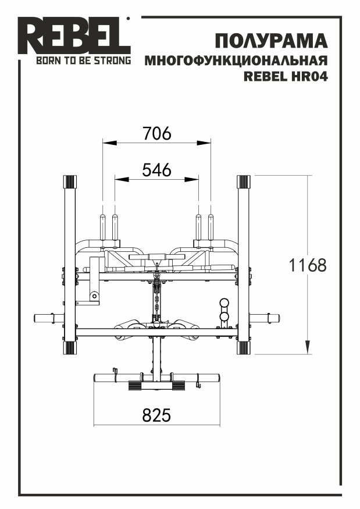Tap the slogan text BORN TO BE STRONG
[x=83, y=60]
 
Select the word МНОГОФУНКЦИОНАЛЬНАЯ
[x=236, y=60]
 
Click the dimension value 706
[x=157, y=133]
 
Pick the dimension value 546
[x=157, y=170]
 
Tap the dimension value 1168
[x=308, y=265]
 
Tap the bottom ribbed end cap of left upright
[x=69, y=348]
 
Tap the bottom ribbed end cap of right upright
[x=244, y=348]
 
